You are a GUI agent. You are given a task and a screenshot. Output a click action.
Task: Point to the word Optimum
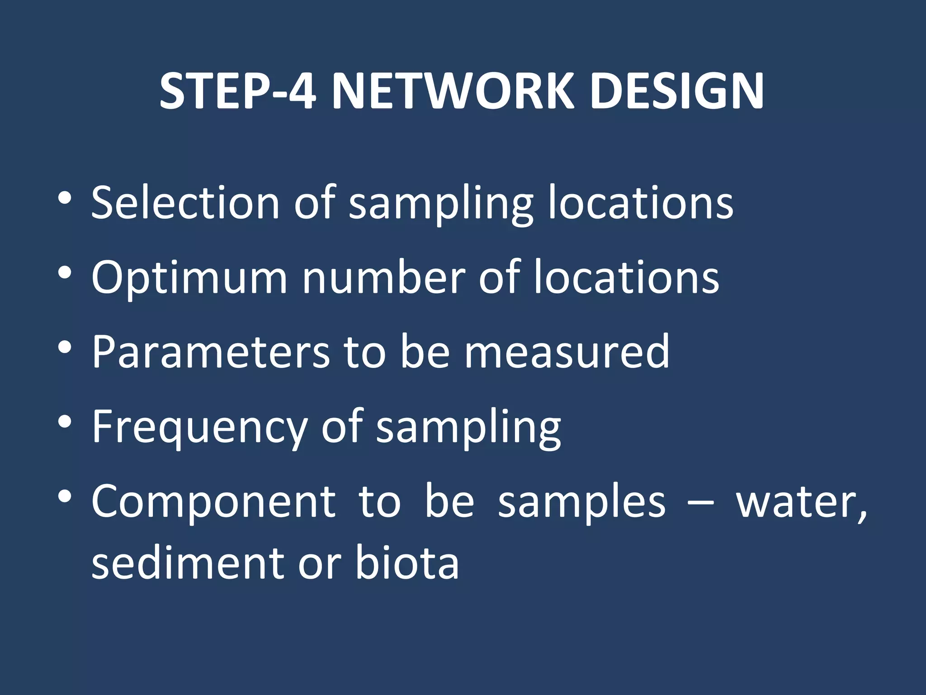[x=189, y=278]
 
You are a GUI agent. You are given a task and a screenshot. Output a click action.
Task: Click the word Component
[x=213, y=501]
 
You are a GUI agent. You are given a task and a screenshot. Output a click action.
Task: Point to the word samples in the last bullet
[x=581, y=501]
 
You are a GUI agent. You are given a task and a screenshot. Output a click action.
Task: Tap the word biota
[x=407, y=562]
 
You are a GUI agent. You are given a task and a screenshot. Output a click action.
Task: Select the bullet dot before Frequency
[x=65, y=422]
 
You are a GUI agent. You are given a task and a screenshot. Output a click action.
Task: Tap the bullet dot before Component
[x=65, y=497]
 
